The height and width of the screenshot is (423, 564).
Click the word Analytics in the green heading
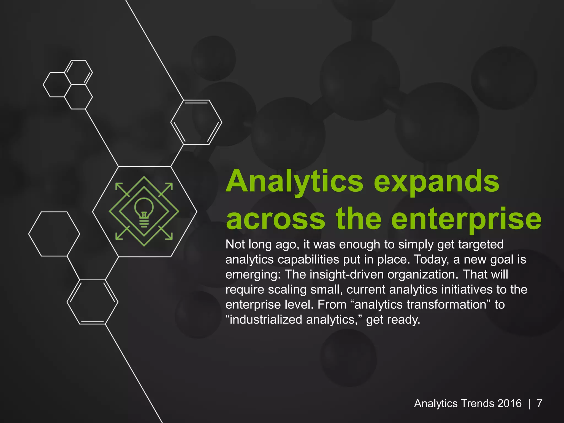tap(295, 182)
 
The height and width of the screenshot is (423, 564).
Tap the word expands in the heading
tap(436, 182)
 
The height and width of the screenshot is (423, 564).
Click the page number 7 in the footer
tap(539, 403)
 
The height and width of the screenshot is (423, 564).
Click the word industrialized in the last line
tap(266, 320)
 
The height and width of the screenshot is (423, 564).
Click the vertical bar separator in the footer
tap(529, 403)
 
